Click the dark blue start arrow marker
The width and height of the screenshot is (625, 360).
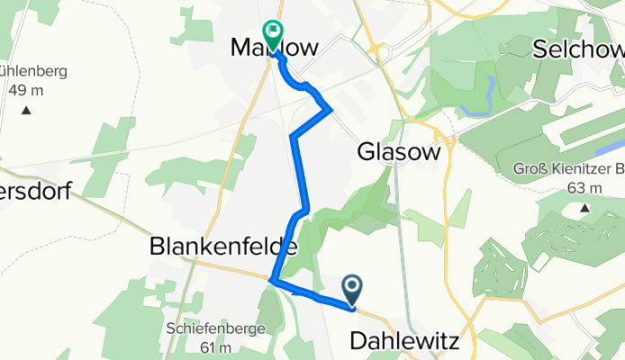(x=352, y=289)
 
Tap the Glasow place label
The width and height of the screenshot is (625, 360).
(x=399, y=152)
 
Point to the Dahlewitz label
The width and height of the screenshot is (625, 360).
(x=403, y=341)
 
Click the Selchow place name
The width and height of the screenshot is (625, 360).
(x=580, y=48)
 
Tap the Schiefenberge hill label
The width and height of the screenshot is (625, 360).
(x=215, y=328)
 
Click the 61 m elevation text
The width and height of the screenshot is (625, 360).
(x=216, y=348)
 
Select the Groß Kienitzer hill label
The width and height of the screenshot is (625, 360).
(x=568, y=169)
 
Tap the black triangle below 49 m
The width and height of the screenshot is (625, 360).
(x=26, y=110)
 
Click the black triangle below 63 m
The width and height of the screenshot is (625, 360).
(x=584, y=209)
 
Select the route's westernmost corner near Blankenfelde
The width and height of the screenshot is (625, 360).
(x=271, y=282)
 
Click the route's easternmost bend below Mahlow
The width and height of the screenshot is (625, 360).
(x=331, y=110)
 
